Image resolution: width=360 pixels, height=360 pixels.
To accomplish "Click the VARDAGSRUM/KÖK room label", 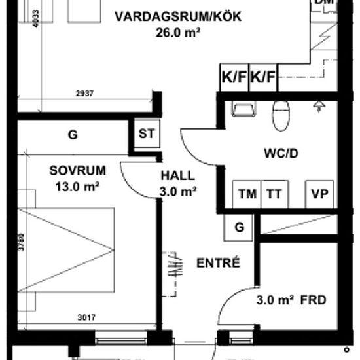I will (177, 16).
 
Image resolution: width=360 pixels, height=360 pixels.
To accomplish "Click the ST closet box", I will (147, 134).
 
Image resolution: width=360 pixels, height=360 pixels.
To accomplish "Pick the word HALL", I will (178, 176).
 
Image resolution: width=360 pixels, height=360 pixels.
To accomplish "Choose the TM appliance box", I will (247, 194).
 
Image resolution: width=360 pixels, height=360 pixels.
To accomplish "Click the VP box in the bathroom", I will (320, 194).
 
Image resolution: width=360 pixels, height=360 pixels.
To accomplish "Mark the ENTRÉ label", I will (218, 263).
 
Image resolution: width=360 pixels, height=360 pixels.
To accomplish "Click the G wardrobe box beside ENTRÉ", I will (240, 227).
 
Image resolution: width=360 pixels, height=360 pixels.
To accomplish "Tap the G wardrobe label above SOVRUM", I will (73, 135).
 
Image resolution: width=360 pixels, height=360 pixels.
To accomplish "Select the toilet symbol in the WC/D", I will (280, 115).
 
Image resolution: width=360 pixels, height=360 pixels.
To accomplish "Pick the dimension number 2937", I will (85, 93).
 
